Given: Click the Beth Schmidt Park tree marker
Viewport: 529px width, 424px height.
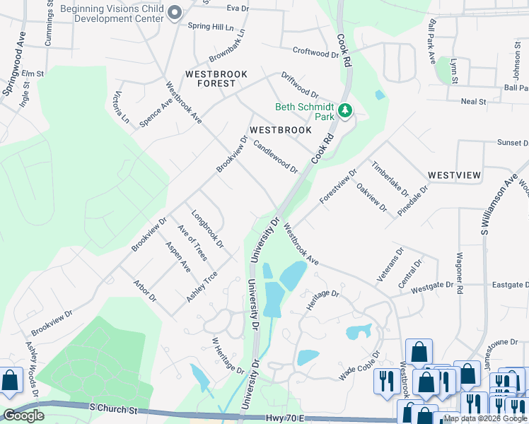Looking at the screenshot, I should (345, 110).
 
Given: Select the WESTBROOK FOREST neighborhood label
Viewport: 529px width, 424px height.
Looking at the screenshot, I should (210, 78).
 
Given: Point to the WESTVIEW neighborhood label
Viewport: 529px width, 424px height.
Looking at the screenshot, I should (454, 175).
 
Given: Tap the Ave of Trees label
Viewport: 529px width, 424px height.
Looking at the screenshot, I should (192, 242).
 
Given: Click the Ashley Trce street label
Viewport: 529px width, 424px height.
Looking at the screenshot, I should (202, 288).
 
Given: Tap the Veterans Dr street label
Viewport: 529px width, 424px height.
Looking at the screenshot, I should (390, 265).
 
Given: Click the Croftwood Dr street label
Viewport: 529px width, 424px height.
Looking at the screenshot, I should (316, 52).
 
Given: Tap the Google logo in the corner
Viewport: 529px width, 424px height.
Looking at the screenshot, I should (23, 416).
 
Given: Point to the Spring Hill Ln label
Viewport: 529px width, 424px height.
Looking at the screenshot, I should (211, 27).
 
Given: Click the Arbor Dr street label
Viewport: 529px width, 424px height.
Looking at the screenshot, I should (145, 291).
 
